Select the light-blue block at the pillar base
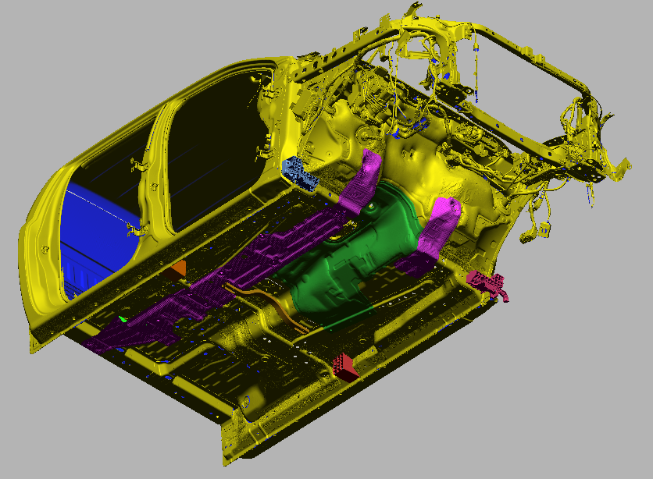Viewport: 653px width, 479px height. point(302,172)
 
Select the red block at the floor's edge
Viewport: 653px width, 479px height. point(345,365)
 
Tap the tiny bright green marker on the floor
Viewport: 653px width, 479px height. point(123,319)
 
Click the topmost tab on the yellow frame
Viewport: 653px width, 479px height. point(410,9)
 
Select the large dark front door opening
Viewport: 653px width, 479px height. point(211,140)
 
